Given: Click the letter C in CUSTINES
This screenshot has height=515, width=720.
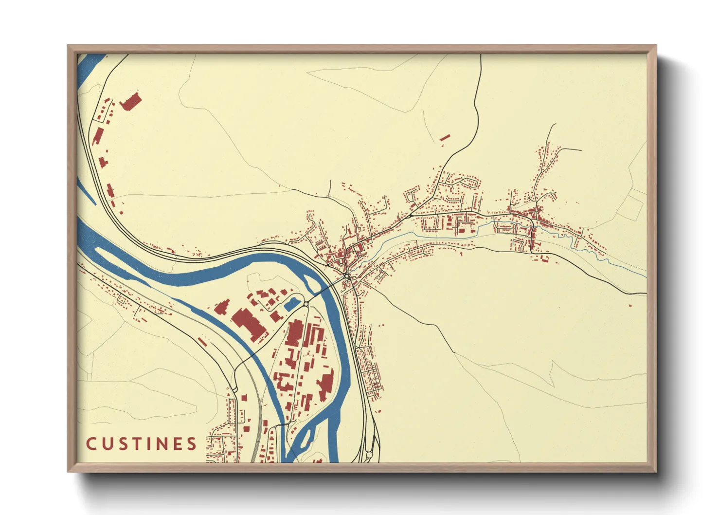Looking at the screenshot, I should (x=91, y=444).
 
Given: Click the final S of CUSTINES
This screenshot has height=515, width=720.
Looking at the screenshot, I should (x=192, y=444).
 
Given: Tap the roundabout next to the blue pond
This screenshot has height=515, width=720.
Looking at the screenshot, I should (x=306, y=304).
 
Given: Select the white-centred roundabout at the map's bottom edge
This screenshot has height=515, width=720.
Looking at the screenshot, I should (x=369, y=455).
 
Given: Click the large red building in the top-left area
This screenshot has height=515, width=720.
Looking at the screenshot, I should (x=130, y=102).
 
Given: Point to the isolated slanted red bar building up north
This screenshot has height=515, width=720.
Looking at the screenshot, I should (x=445, y=138).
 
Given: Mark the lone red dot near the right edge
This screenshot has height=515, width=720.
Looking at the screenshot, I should (x=630, y=305).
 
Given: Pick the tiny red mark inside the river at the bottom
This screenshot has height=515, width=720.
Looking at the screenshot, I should (x=308, y=443).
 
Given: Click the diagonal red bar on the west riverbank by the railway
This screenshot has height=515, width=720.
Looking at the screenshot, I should (x=201, y=342).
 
